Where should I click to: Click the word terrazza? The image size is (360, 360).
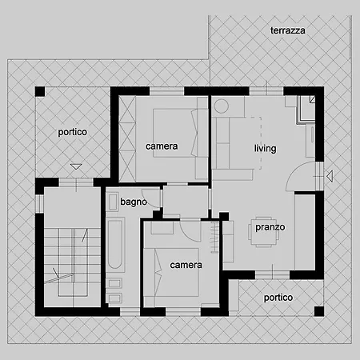288,30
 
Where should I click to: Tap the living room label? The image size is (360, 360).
265,148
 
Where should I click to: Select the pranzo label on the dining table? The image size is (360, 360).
270,227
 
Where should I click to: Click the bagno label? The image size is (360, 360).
134,202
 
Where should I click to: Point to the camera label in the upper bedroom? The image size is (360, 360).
162,146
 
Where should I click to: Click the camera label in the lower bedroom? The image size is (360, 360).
186,265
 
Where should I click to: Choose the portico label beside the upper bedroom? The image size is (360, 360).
73,132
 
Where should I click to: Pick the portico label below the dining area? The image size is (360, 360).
278,298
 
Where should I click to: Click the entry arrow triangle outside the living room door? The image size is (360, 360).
330,176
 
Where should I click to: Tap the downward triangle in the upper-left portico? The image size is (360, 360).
76,166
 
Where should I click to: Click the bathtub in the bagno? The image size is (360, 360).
115,244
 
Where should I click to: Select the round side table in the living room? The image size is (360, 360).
222,106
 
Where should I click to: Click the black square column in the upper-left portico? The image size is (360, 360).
40,92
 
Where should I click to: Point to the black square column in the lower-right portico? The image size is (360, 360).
319,311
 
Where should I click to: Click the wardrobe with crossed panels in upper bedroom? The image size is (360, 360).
127,139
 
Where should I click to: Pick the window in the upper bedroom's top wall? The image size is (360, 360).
166,91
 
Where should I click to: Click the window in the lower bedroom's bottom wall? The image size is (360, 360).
183,312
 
